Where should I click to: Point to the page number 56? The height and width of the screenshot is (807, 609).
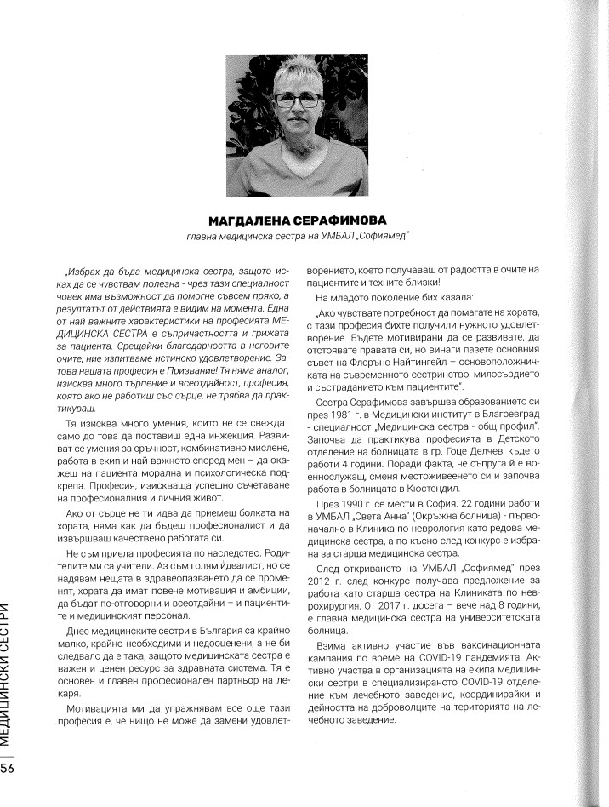coord(9,768)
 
